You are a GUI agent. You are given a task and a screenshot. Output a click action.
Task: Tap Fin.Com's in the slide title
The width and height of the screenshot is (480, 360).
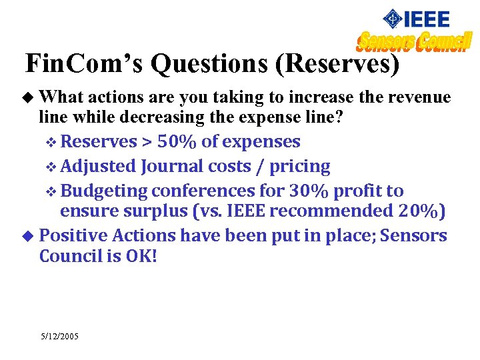85,63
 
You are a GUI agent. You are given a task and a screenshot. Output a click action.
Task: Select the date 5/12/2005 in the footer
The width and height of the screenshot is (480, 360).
59,337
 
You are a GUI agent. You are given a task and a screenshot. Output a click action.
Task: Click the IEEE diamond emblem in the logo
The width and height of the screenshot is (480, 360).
394,19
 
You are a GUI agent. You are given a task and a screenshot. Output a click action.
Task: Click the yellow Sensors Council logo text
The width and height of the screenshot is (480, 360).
415,42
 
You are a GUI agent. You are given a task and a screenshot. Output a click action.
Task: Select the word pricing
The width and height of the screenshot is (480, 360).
302,166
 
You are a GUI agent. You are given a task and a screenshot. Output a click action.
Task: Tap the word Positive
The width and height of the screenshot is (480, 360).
73,235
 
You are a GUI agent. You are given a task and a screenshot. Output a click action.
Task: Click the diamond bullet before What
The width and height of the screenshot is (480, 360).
27,98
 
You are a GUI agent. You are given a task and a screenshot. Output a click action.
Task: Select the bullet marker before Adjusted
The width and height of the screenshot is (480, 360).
55,167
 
